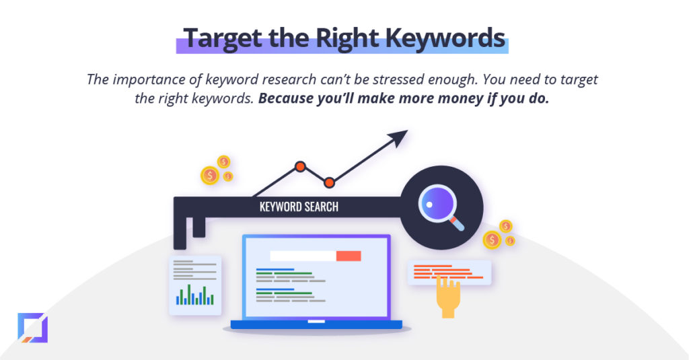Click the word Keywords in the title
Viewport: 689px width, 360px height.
click(445, 38)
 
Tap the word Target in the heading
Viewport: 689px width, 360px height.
click(222, 39)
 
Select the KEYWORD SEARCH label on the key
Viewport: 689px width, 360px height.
click(299, 207)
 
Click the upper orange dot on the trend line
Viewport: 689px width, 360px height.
click(300, 167)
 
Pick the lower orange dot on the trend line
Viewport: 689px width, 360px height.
click(329, 182)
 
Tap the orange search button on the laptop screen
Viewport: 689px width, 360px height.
click(349, 256)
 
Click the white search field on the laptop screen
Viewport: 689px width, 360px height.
click(303, 256)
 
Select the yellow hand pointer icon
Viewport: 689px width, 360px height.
click(447, 295)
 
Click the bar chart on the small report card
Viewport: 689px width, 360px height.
click(194, 295)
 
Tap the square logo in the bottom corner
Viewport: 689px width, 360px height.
click(32, 328)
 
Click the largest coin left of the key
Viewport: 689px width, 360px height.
click(210, 176)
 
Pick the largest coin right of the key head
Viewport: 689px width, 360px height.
click(492, 240)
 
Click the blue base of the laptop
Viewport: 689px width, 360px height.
click(316, 325)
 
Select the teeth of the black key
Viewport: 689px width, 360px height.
click(189, 231)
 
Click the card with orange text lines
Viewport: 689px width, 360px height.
click(449, 273)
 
